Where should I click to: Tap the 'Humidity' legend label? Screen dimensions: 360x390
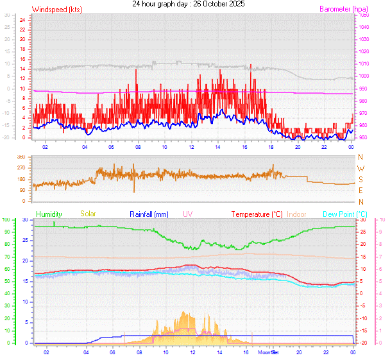point(49,214)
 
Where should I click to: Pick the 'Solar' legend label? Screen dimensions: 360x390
point(89,214)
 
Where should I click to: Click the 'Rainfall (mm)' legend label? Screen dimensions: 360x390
point(149,214)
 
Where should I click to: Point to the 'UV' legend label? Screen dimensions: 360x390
point(187,214)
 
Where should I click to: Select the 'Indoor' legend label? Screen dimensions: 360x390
point(297,214)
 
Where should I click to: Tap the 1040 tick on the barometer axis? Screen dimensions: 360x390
point(364,27)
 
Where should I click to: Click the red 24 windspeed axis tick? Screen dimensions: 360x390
point(22,20)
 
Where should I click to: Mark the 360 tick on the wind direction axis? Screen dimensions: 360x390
point(21,157)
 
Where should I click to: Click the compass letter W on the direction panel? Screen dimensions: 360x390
point(360,168)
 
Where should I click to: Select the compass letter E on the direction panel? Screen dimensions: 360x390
point(360,191)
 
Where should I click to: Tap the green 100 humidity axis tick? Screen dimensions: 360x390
point(6,220)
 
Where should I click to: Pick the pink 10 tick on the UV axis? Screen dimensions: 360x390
point(382,220)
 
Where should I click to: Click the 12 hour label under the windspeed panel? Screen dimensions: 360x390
point(191,146)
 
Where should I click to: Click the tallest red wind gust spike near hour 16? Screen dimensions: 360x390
point(250,66)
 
